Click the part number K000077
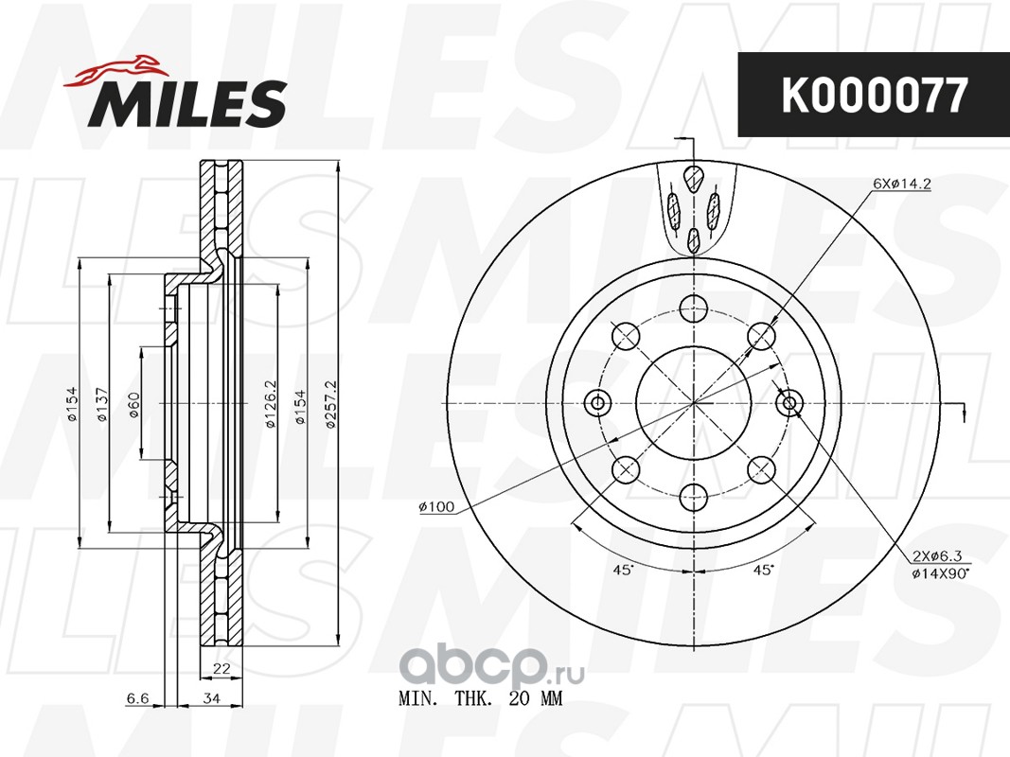coord(874,96)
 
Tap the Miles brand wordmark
coord(187,102)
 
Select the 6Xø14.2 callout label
coord(902,184)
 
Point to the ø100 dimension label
coord(436,507)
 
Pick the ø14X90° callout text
coord(941,573)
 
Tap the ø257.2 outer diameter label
coord(331,404)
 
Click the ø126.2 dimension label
coord(271,404)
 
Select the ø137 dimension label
coord(102,404)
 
